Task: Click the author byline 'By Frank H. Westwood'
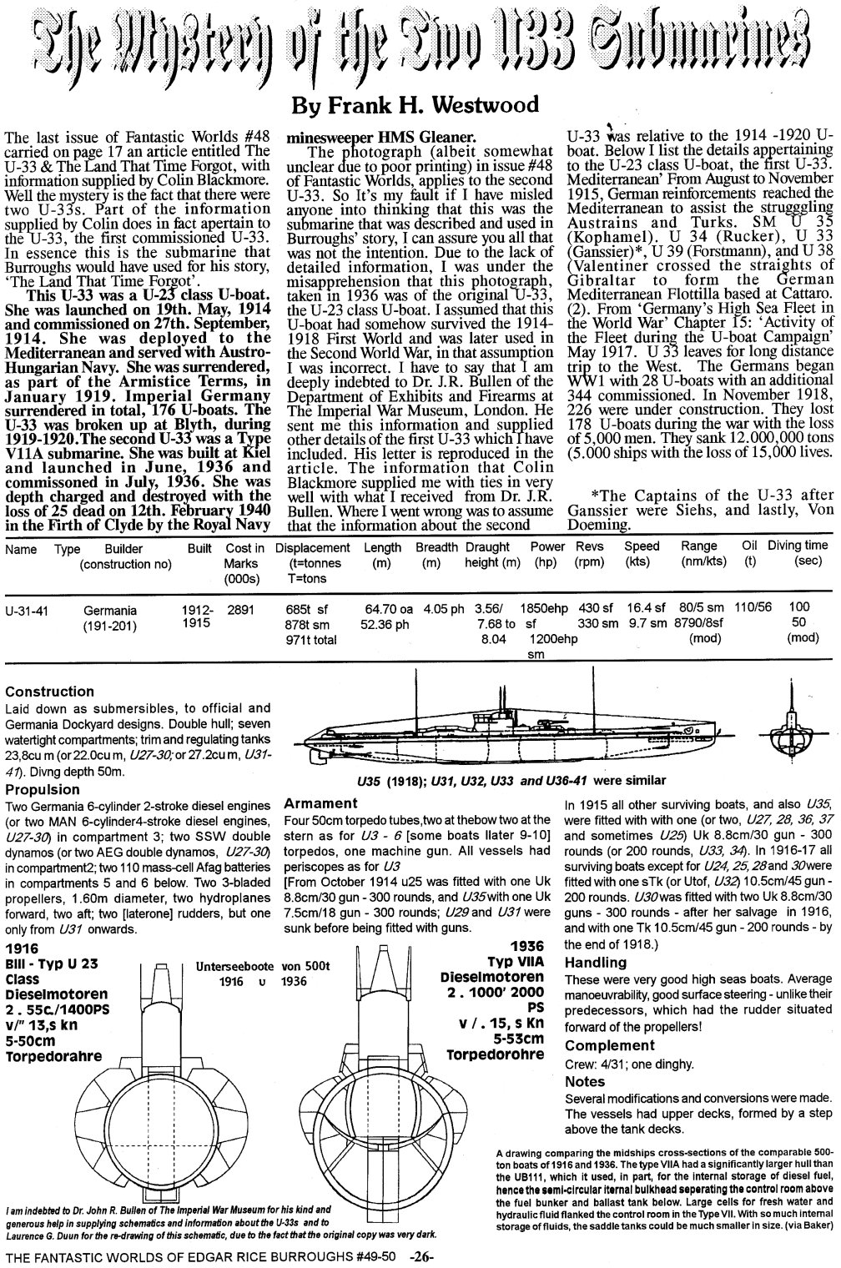(x=420, y=105)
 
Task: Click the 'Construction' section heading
(x=49, y=692)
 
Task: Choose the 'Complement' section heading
(x=610, y=1045)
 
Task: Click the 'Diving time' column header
(x=798, y=547)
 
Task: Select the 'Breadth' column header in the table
(x=436, y=547)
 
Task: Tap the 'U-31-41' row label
(x=26, y=611)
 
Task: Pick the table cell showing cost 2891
(x=240, y=611)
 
